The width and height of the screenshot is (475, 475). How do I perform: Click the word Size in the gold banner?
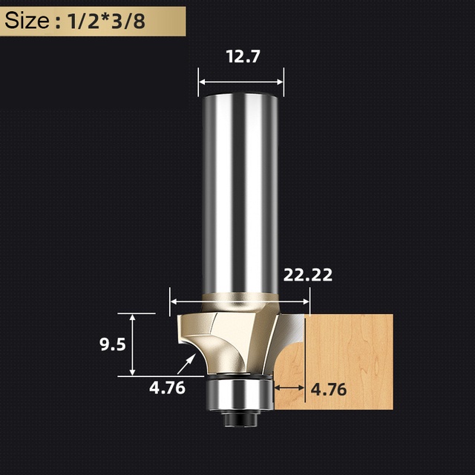(27, 21)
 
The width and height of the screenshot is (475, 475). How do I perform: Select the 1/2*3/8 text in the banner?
(106, 22)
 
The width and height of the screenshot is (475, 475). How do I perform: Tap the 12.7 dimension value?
(243, 56)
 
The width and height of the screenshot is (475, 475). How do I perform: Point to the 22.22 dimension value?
(308, 275)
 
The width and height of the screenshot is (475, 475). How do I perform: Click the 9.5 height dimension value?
(113, 344)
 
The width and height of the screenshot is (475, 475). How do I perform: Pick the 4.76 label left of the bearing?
(167, 387)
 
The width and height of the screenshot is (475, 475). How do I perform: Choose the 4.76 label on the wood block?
(329, 389)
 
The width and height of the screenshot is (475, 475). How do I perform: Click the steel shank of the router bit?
(240, 194)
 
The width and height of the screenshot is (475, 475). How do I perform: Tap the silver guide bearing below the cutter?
(239, 395)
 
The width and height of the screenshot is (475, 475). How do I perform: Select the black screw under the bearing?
(241, 419)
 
